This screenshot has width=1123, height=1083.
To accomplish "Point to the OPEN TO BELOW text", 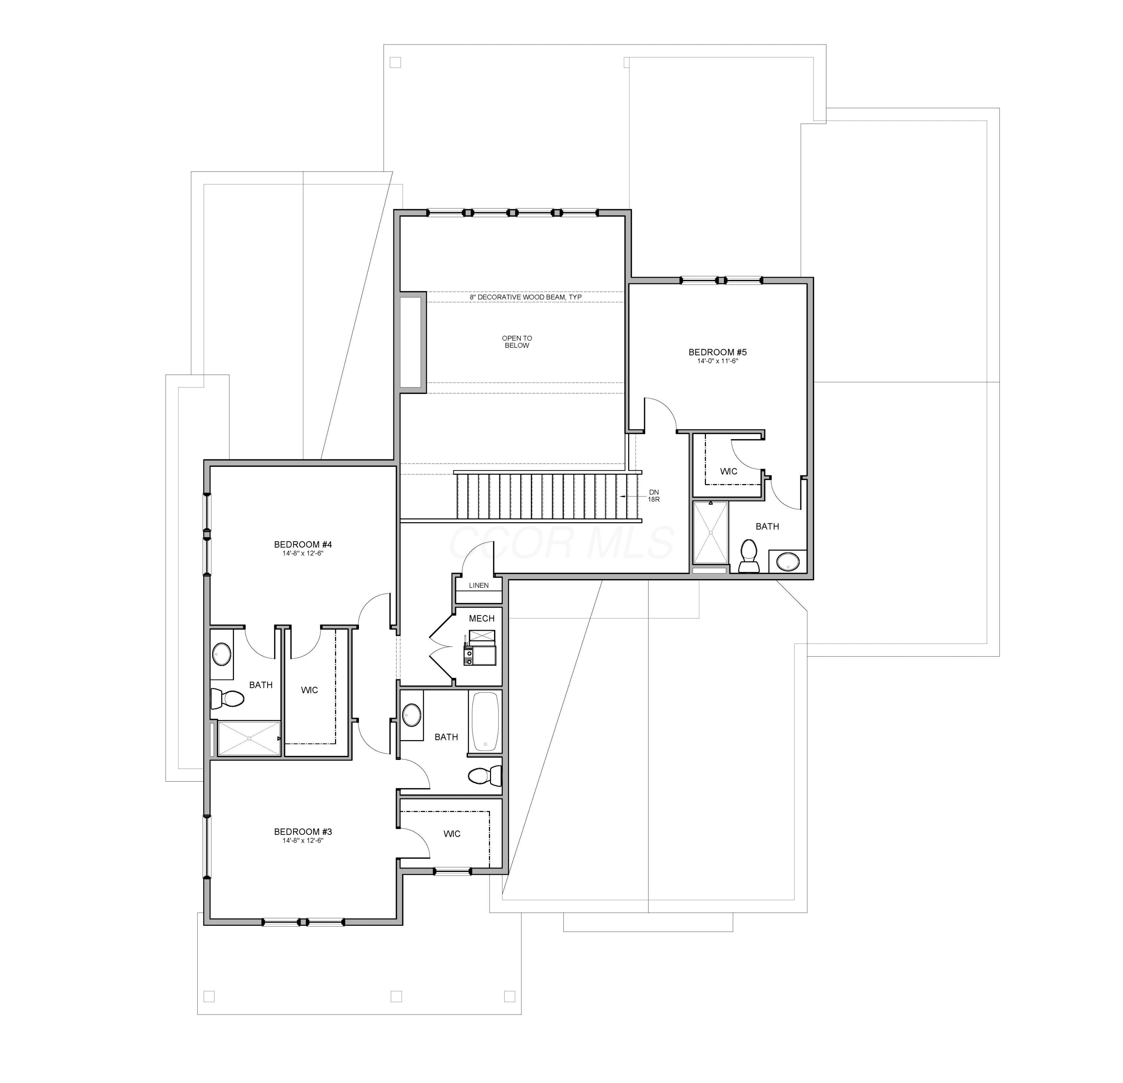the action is pyautogui.click(x=517, y=341).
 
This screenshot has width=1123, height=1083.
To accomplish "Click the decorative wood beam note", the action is pyautogui.click(x=526, y=297).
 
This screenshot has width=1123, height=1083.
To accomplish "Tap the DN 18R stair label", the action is pyautogui.click(x=654, y=496).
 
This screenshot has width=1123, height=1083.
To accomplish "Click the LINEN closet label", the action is pyautogui.click(x=478, y=585).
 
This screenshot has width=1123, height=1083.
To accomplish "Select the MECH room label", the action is pyautogui.click(x=481, y=618).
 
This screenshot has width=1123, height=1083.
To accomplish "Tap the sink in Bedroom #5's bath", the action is pyautogui.click(x=788, y=562).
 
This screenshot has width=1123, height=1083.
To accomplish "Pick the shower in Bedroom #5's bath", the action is pyautogui.click(x=710, y=533).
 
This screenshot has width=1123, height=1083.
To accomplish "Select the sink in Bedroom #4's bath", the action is pyautogui.click(x=222, y=653).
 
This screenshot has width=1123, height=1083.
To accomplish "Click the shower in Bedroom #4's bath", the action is pyautogui.click(x=249, y=739).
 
